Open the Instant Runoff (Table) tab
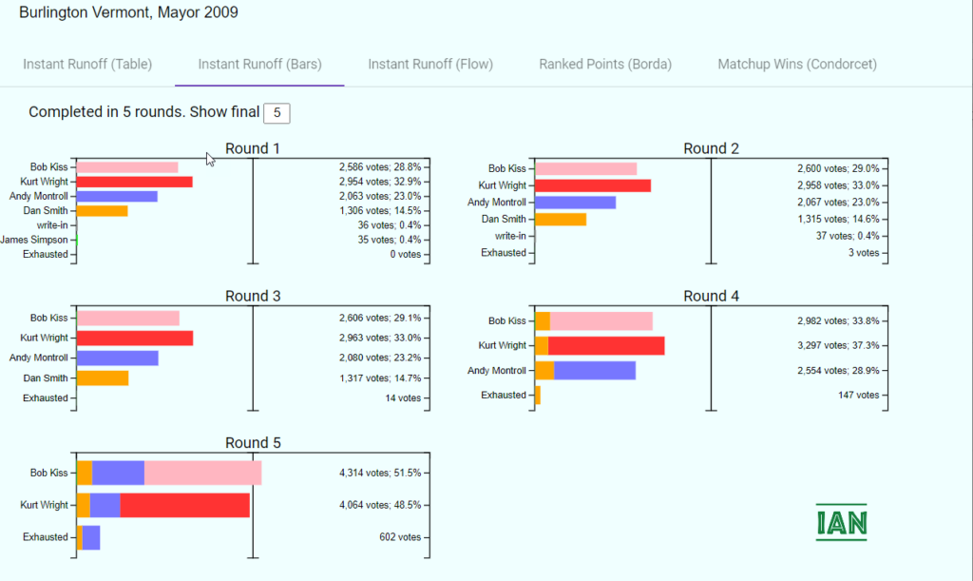[87, 64]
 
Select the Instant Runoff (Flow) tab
[430, 64]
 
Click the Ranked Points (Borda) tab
[605, 64]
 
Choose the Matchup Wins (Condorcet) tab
[797, 64]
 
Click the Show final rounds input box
[277, 113]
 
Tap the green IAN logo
[842, 522]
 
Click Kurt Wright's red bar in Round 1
[135, 182]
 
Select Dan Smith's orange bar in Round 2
[561, 219]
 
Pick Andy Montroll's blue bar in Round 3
[117, 358]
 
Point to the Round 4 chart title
[711, 296]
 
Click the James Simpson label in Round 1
[34, 240]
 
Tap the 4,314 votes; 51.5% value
[380, 473]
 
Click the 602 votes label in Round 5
[400, 537]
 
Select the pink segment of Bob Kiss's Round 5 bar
[203, 473]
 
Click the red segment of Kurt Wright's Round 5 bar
[185, 505]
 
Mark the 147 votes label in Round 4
[859, 396]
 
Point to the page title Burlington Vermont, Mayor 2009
[128, 12]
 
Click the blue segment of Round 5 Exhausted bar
[91, 537]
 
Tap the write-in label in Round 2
[510, 236]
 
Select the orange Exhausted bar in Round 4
[538, 396]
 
